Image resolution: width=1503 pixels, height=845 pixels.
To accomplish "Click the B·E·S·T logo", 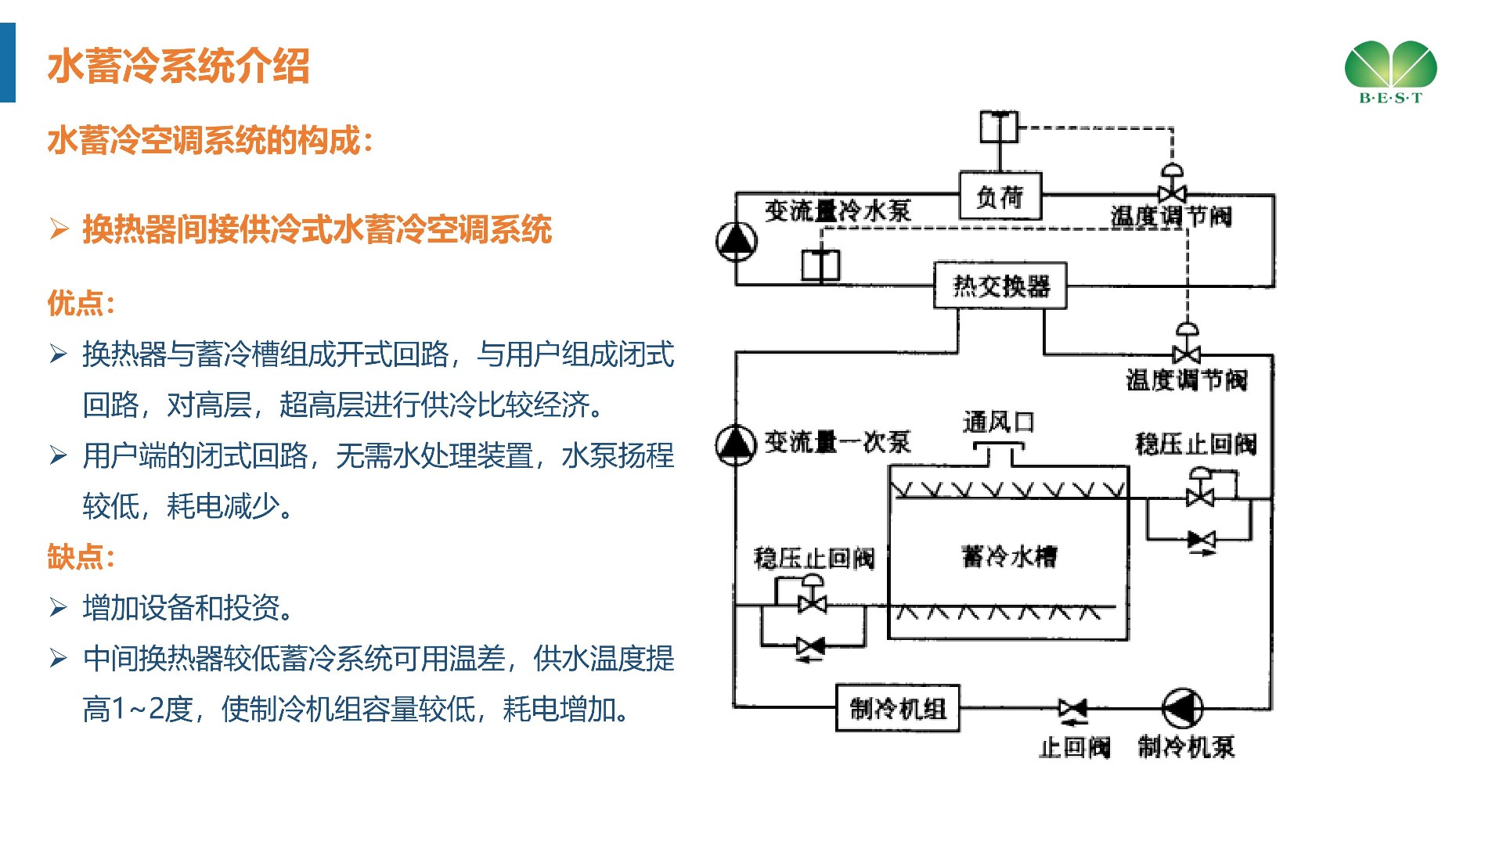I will (x=1390, y=71).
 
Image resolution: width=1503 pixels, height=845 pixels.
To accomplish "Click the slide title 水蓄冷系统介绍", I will (x=178, y=66).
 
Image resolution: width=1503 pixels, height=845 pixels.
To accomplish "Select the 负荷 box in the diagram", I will (x=1000, y=196).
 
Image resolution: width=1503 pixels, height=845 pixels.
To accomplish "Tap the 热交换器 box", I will (x=1000, y=286).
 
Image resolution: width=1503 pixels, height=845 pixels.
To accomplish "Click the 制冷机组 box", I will (x=898, y=708).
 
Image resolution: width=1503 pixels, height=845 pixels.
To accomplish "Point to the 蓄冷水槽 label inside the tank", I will (x=1008, y=556).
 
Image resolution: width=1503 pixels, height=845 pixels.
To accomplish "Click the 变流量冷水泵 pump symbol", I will (x=736, y=241).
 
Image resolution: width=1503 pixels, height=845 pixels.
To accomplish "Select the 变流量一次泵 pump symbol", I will (x=735, y=444).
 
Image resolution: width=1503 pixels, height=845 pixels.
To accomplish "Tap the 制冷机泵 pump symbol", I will (x=1182, y=708).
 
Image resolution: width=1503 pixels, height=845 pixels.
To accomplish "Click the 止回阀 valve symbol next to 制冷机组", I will (x=1072, y=708).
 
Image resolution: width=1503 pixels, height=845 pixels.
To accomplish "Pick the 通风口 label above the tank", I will (x=998, y=422).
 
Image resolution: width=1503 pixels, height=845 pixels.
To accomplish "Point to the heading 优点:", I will (x=81, y=304).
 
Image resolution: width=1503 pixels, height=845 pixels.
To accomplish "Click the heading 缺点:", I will (x=81, y=557).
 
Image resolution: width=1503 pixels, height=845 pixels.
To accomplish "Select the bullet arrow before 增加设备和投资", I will (x=59, y=607).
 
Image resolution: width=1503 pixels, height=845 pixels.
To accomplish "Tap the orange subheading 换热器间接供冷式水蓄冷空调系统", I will (x=317, y=229).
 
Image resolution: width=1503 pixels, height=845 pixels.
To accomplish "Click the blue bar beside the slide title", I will (x=8, y=63).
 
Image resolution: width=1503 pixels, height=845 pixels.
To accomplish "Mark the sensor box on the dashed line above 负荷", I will (x=1000, y=127).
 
